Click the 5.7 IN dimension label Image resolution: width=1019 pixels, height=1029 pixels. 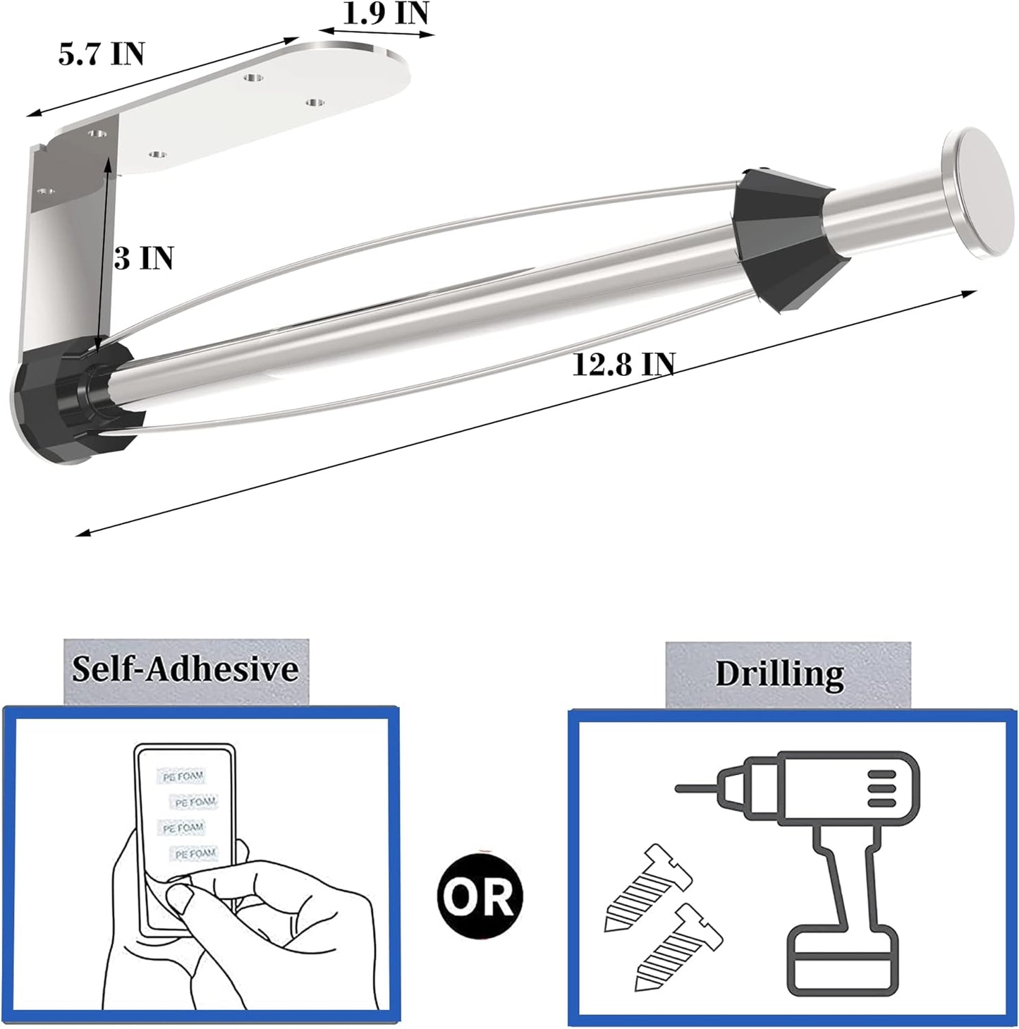pos(102,54)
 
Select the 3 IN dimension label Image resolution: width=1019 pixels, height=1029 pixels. pos(144,258)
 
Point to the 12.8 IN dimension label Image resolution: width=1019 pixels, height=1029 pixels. pos(624,365)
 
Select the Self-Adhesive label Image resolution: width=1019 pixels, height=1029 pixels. pos(185,669)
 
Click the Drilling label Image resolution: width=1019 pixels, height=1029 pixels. pos(780,674)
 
